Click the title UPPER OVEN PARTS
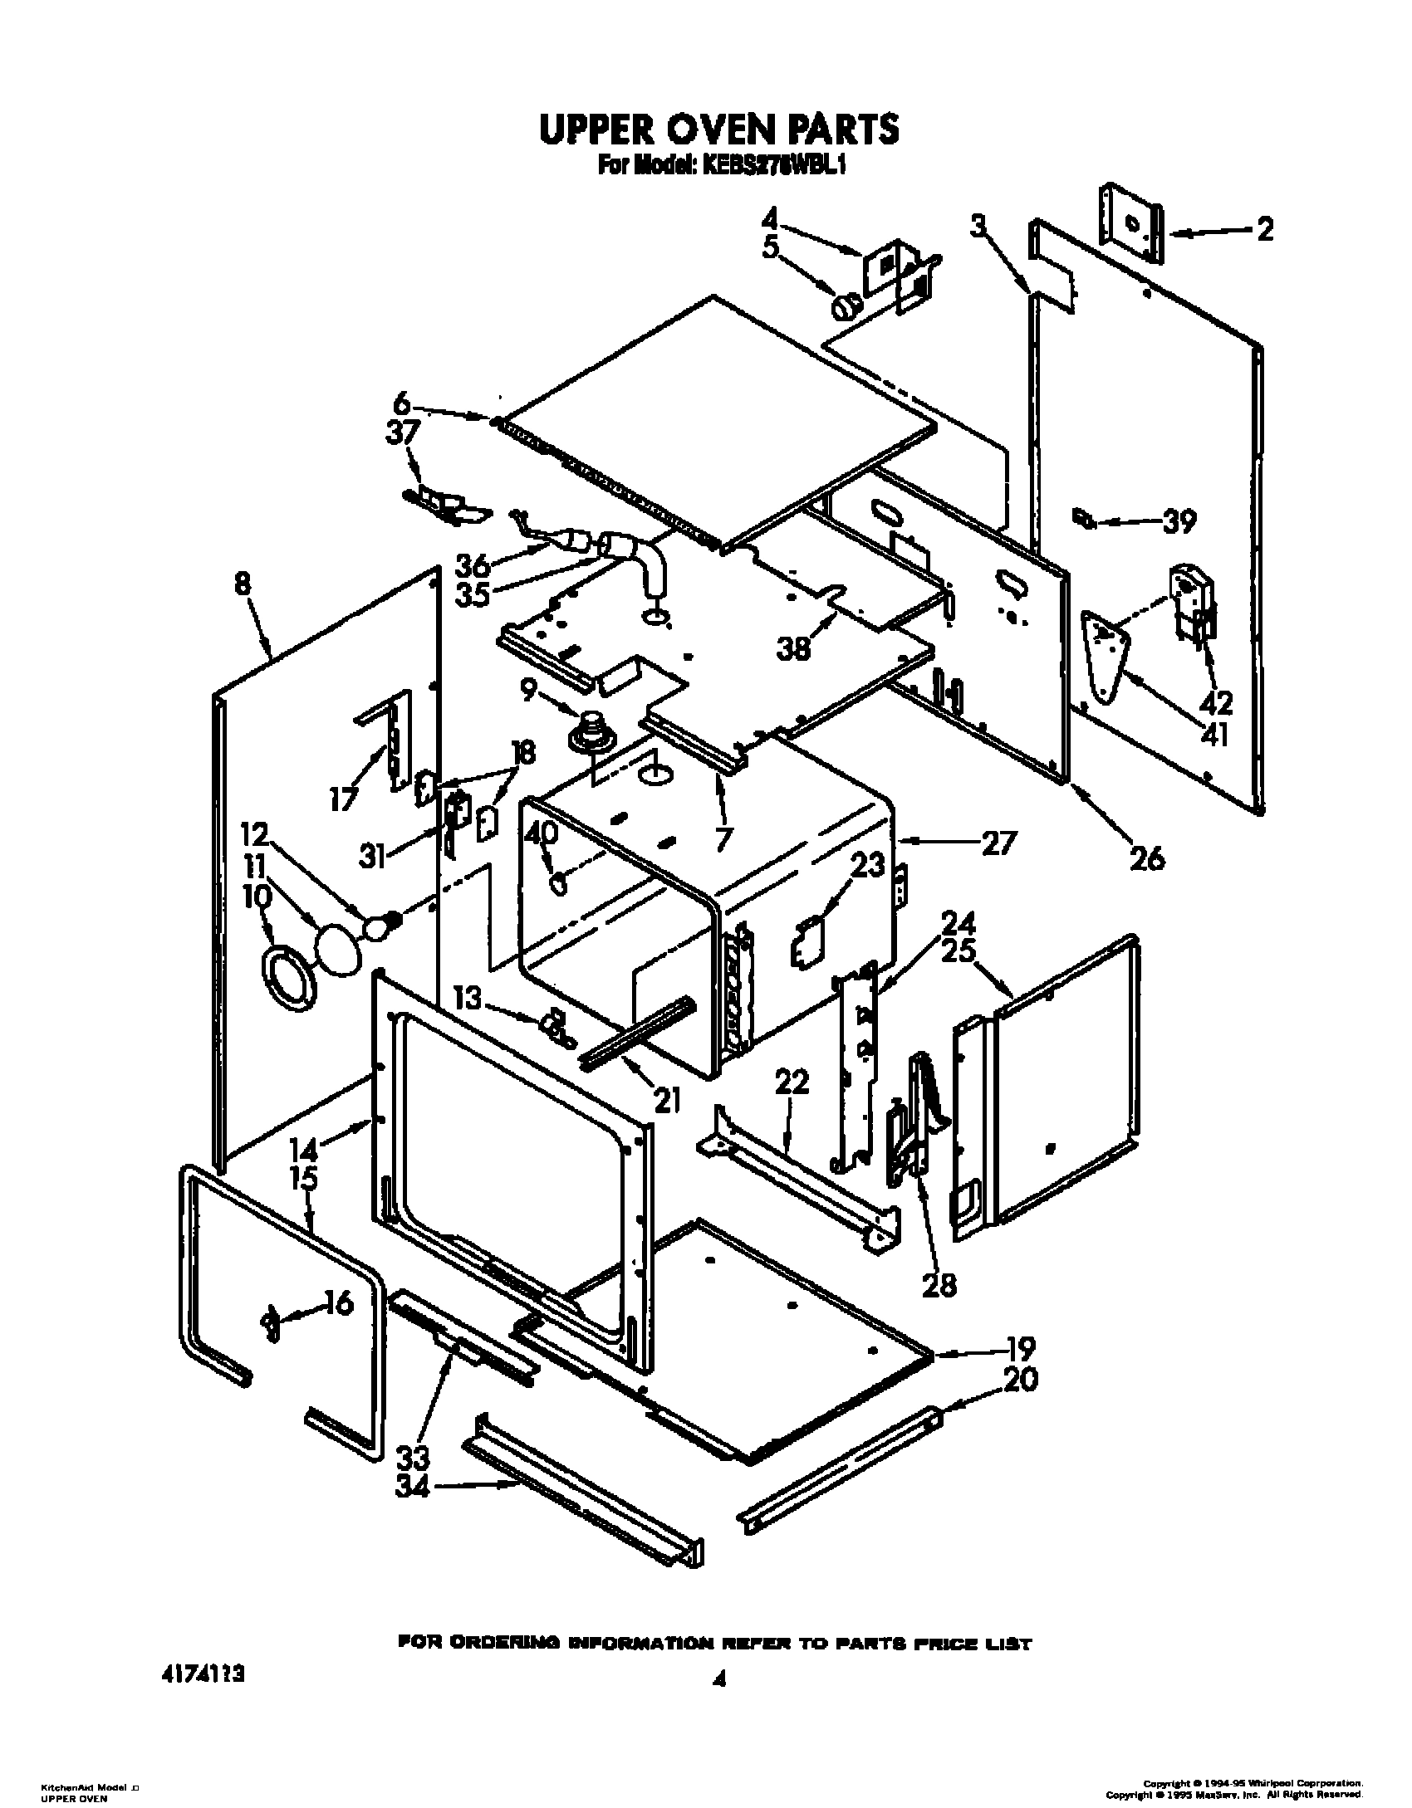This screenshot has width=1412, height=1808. [719, 129]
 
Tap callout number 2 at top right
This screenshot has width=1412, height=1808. [1264, 229]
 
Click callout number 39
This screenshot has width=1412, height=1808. [1179, 522]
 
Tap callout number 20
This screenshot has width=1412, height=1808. [1021, 1380]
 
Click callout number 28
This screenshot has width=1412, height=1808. [938, 1284]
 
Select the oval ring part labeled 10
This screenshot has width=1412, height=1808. [289, 980]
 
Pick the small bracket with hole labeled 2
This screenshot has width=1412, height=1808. [1131, 234]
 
